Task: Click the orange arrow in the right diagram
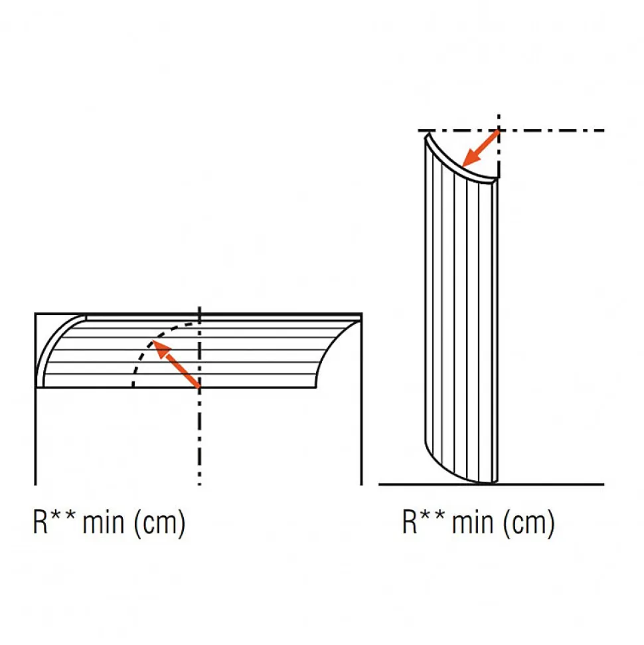tap(481, 148)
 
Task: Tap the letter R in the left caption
tap(40, 521)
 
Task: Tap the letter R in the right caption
tap(410, 521)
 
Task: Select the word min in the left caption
tap(103, 522)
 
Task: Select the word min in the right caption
tap(473, 522)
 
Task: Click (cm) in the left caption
tap(159, 523)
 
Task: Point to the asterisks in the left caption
tap(63, 515)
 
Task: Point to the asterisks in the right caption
tap(432, 515)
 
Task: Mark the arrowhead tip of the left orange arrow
tap(153, 341)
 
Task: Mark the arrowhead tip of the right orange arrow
tap(463, 167)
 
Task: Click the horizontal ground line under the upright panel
tap(491, 484)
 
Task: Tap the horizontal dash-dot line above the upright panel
tap(511, 130)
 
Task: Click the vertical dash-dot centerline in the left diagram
tap(199, 396)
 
